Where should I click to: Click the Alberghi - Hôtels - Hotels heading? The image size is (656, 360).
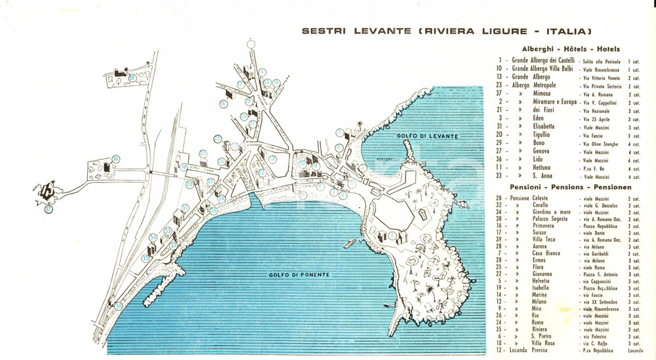(571, 49)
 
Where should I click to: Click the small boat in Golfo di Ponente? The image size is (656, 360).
(352, 244)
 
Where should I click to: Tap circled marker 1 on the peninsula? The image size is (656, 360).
(392, 235)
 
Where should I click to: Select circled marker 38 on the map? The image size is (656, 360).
(115, 158)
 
